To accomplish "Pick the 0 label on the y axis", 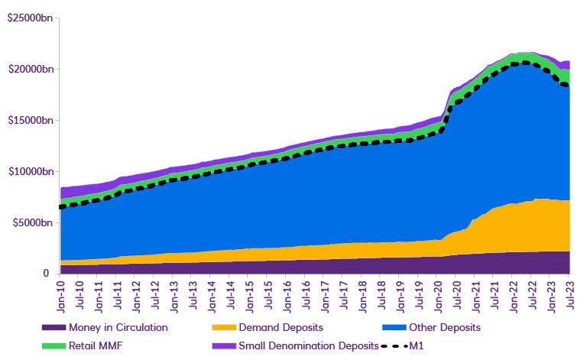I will (46, 274).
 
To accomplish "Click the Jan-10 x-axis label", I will (62, 294).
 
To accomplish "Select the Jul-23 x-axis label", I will (570, 294).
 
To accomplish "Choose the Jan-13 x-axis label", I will (175, 294).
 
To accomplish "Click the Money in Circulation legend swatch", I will (53, 327).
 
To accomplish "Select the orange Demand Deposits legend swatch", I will (222, 327).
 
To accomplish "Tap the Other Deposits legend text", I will (445, 327).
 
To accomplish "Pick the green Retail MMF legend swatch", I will (53, 345).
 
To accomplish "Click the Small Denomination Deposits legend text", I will (309, 345).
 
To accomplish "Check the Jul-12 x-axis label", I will (156, 294).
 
